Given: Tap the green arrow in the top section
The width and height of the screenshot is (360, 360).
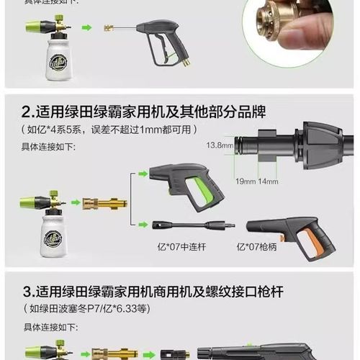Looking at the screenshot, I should point(87,29).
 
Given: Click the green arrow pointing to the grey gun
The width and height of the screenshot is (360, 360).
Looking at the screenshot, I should point(143,174).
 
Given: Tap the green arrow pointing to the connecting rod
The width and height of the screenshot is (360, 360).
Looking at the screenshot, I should point(143,225).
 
